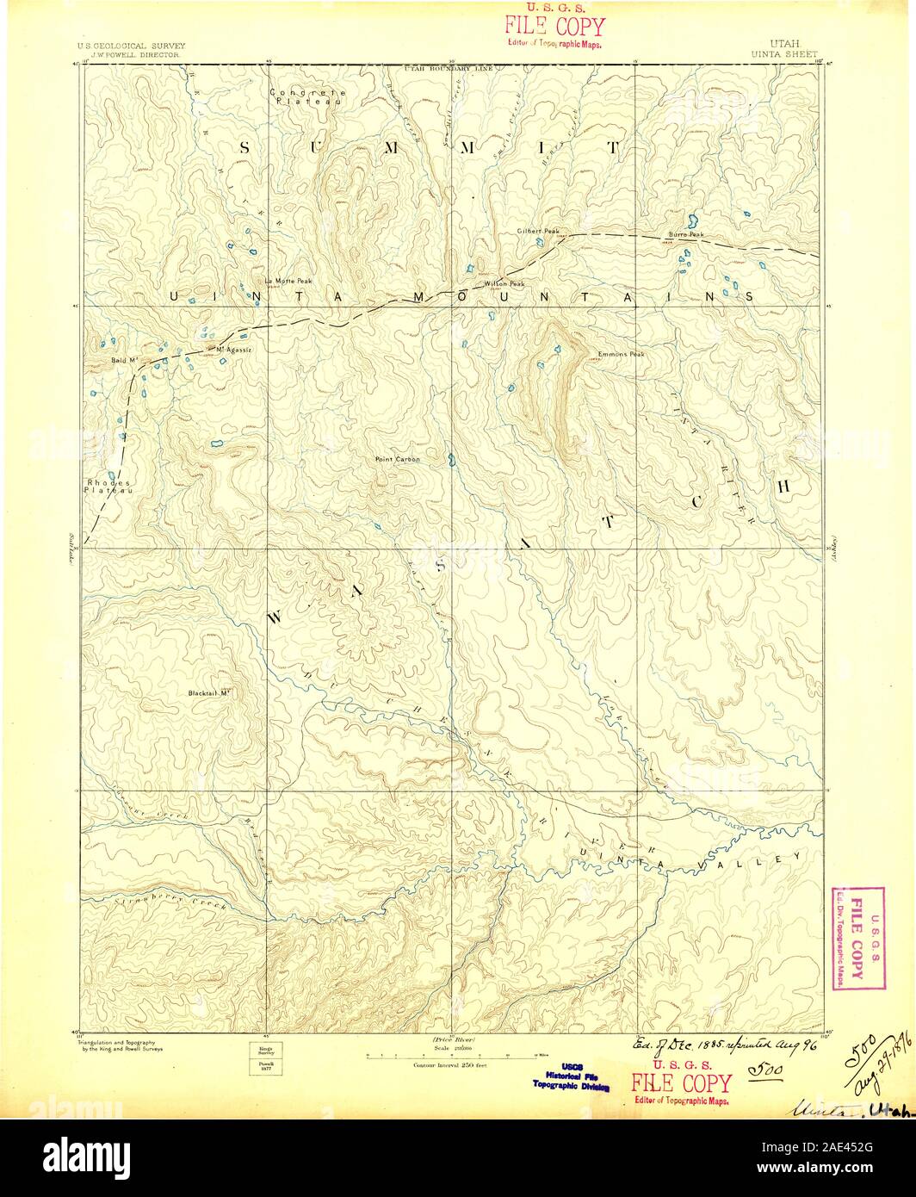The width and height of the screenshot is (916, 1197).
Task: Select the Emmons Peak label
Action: (621, 354)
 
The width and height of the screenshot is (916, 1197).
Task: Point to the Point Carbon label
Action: (398, 459)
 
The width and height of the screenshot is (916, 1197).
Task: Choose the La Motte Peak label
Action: (288, 281)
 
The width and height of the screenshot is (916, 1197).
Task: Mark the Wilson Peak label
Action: (504, 283)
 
